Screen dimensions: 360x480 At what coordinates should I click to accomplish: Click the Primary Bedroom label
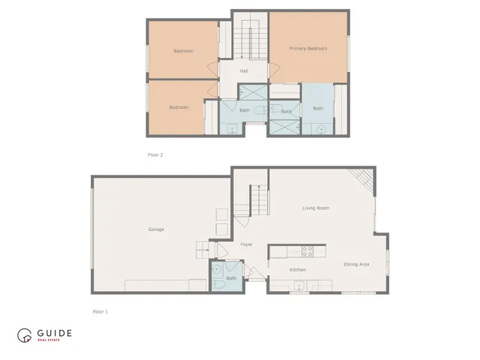point(308,49)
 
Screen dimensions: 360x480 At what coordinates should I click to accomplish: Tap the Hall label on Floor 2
point(244,71)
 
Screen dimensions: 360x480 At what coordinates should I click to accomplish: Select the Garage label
point(156,229)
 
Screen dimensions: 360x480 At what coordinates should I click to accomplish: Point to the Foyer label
point(246,244)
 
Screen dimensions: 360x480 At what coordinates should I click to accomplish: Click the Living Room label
point(316,208)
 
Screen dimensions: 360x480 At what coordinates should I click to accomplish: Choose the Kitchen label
point(298,270)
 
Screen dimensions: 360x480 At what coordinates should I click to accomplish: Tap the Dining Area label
point(356,264)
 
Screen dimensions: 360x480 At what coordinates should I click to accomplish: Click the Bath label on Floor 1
point(231,278)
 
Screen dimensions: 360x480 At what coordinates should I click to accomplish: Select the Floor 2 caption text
point(155,155)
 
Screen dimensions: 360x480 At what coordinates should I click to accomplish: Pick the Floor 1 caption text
point(100,310)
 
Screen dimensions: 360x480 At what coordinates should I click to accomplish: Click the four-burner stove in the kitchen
point(306,250)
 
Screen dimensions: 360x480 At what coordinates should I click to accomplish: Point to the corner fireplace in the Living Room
point(363,178)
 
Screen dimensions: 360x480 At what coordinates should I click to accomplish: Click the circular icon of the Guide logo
point(25,335)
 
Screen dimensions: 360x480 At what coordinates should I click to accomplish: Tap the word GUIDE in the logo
point(53,332)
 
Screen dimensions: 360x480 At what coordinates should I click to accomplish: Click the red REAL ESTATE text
point(49,340)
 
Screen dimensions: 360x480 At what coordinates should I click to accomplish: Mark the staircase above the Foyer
point(257,201)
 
